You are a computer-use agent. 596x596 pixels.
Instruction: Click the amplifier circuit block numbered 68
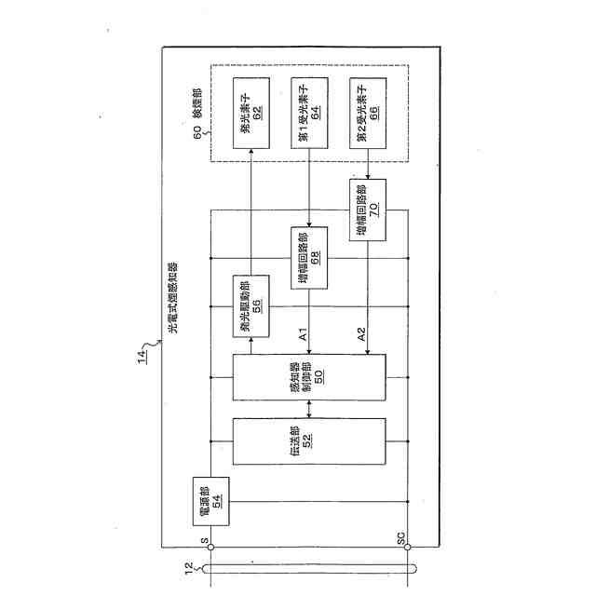309,256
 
